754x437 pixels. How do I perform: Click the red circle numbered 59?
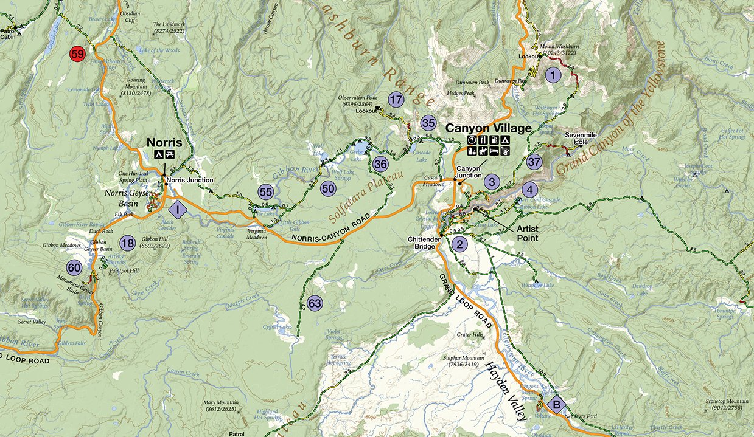click(77, 54)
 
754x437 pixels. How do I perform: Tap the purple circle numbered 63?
click(315, 303)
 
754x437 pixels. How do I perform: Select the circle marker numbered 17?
click(396, 100)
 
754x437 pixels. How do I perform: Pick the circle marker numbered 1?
click(552, 75)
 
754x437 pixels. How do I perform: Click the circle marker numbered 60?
click(74, 267)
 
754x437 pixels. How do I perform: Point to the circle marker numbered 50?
click(328, 188)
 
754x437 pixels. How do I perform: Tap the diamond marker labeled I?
click(177, 210)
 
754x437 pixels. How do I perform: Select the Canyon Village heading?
click(488, 128)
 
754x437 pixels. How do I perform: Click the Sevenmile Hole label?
click(578, 139)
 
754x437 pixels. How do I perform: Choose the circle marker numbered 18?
click(127, 243)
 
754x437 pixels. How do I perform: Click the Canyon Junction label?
click(469, 172)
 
